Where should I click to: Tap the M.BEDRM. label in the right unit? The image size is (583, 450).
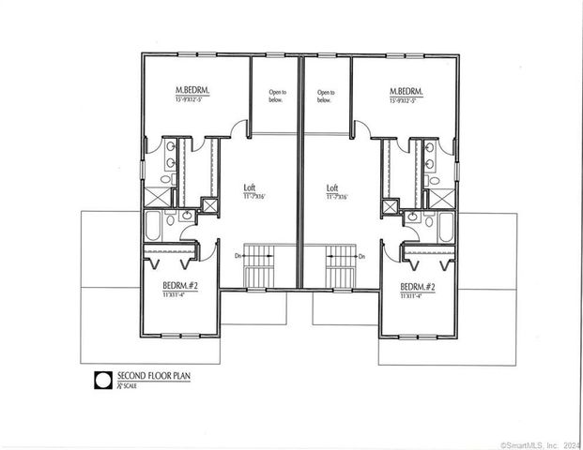(x=408, y=91)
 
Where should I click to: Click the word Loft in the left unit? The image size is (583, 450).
(x=250, y=187)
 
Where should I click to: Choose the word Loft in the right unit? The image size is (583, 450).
(x=332, y=187)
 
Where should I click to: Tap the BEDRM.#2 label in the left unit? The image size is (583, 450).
(x=178, y=286)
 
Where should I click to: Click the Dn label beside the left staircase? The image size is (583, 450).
(x=238, y=254)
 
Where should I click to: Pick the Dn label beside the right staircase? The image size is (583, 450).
(x=361, y=254)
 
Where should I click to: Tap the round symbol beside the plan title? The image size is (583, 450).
(x=101, y=381)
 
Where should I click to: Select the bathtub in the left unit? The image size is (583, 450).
(x=154, y=226)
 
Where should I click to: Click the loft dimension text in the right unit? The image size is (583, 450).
(x=336, y=196)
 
